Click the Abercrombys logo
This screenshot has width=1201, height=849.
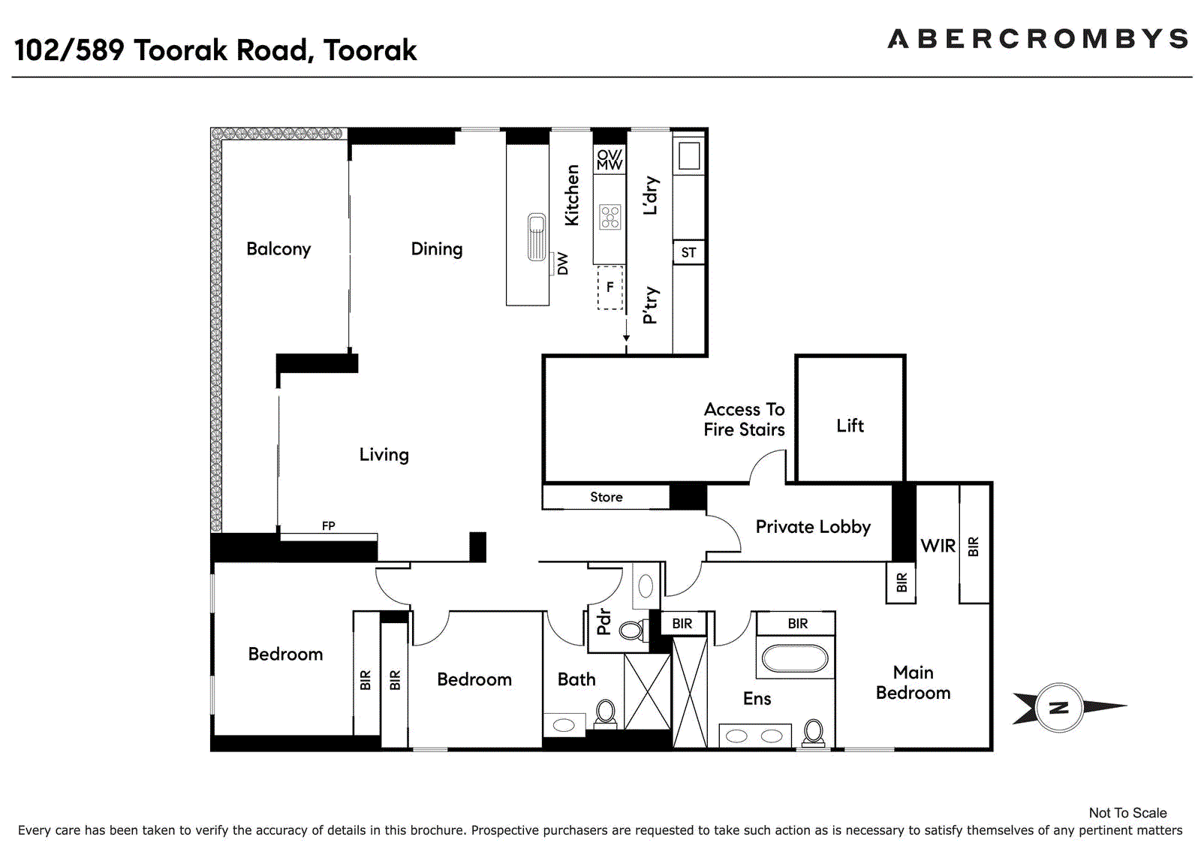point(1038,38)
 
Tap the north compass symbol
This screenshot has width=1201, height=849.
point(1059,708)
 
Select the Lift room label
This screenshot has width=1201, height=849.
point(850,426)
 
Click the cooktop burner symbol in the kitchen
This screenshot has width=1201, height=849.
point(610,217)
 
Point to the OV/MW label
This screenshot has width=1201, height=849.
point(610,160)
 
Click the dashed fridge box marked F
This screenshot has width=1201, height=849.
point(610,288)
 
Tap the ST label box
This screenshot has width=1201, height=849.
point(689,253)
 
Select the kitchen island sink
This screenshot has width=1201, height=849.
point(537,237)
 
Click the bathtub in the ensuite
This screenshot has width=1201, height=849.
point(795,658)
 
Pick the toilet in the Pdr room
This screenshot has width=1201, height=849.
point(632,630)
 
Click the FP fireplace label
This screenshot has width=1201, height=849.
point(329,526)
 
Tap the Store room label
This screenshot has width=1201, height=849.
point(607,497)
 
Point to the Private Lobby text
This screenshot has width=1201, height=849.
point(813,527)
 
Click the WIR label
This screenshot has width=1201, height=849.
point(938,546)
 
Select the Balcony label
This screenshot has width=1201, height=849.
point(278,249)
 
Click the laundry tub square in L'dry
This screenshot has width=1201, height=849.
point(689,156)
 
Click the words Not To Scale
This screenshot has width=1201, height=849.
point(1128,813)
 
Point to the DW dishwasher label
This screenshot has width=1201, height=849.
point(562,264)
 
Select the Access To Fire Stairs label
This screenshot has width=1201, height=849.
point(744,420)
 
